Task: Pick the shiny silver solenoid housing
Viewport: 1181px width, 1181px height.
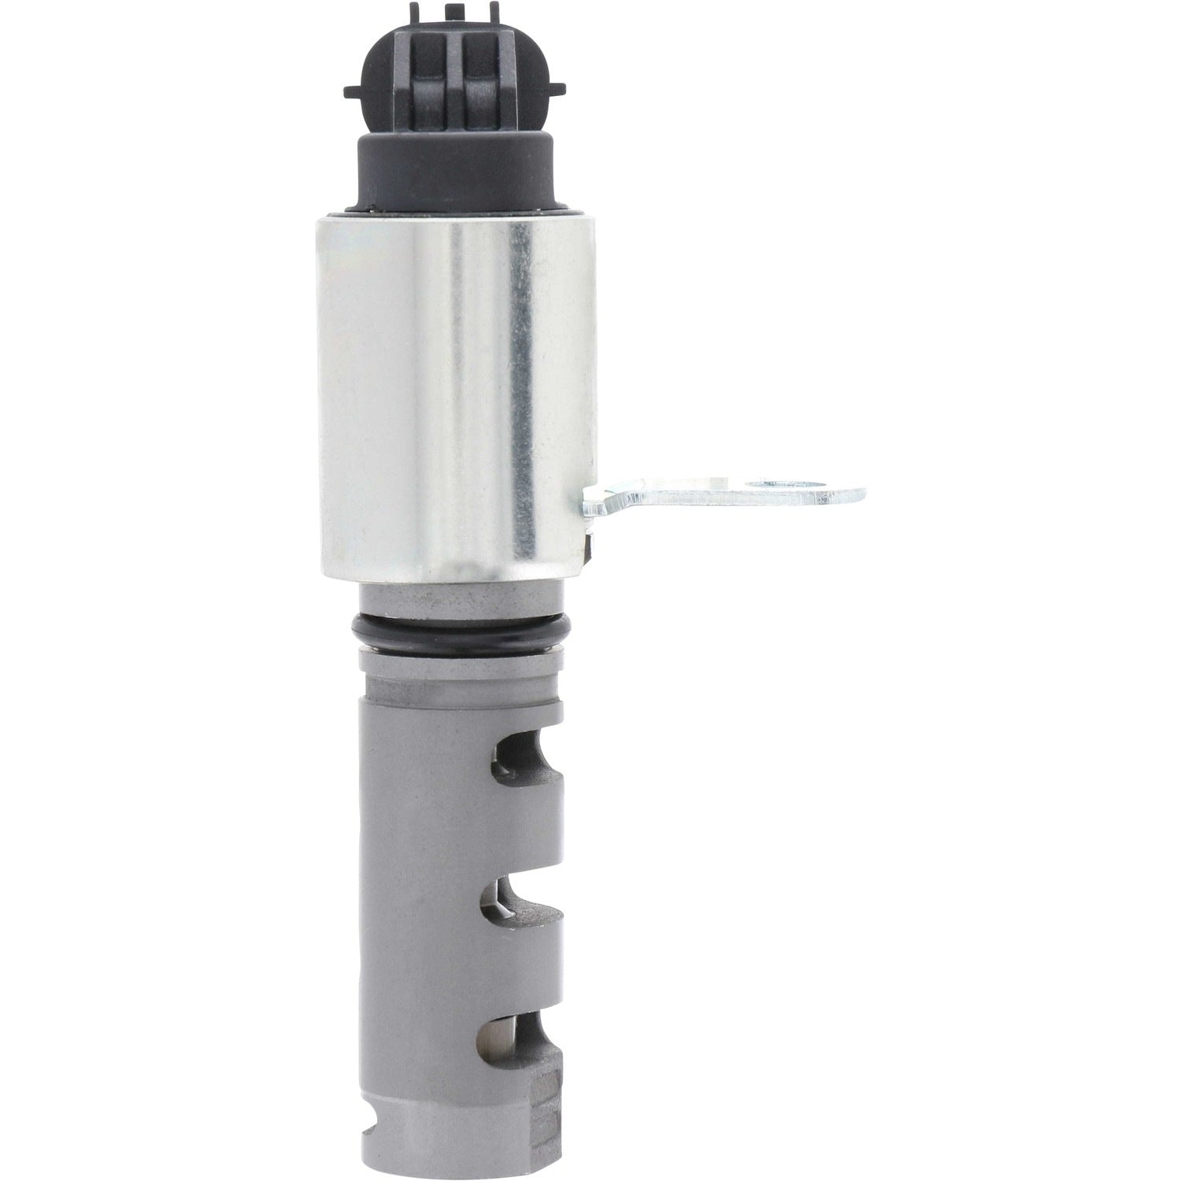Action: pyautogui.click(x=450, y=394)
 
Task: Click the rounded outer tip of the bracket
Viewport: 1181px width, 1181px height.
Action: pyautogui.click(x=854, y=493)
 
